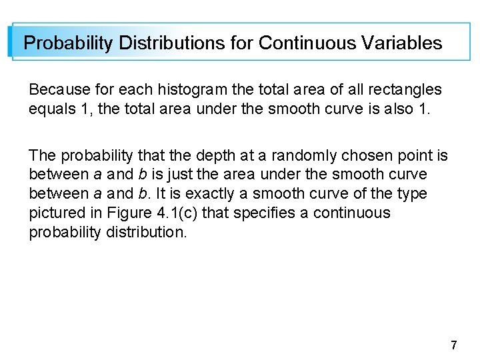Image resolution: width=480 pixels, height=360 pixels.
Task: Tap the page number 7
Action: click(x=454, y=345)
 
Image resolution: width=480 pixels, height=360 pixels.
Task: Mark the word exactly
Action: click(x=229, y=194)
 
